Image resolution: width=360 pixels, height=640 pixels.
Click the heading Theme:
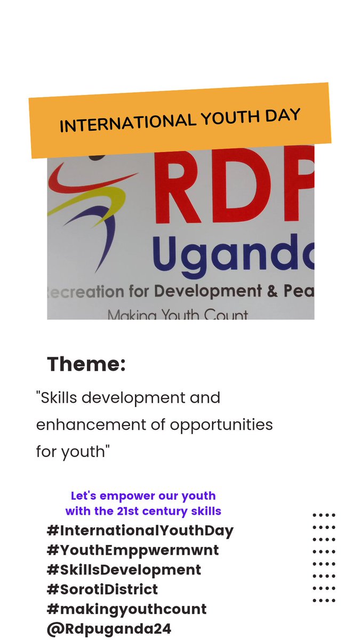86,364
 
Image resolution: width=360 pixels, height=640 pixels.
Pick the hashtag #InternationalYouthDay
140,531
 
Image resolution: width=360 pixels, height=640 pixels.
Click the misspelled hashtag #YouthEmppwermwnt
133,550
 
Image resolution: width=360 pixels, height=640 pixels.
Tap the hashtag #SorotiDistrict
102,589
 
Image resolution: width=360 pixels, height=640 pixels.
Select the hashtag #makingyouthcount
126,609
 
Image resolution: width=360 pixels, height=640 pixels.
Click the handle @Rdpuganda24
109,628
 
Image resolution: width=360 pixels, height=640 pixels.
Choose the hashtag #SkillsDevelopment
124,570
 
